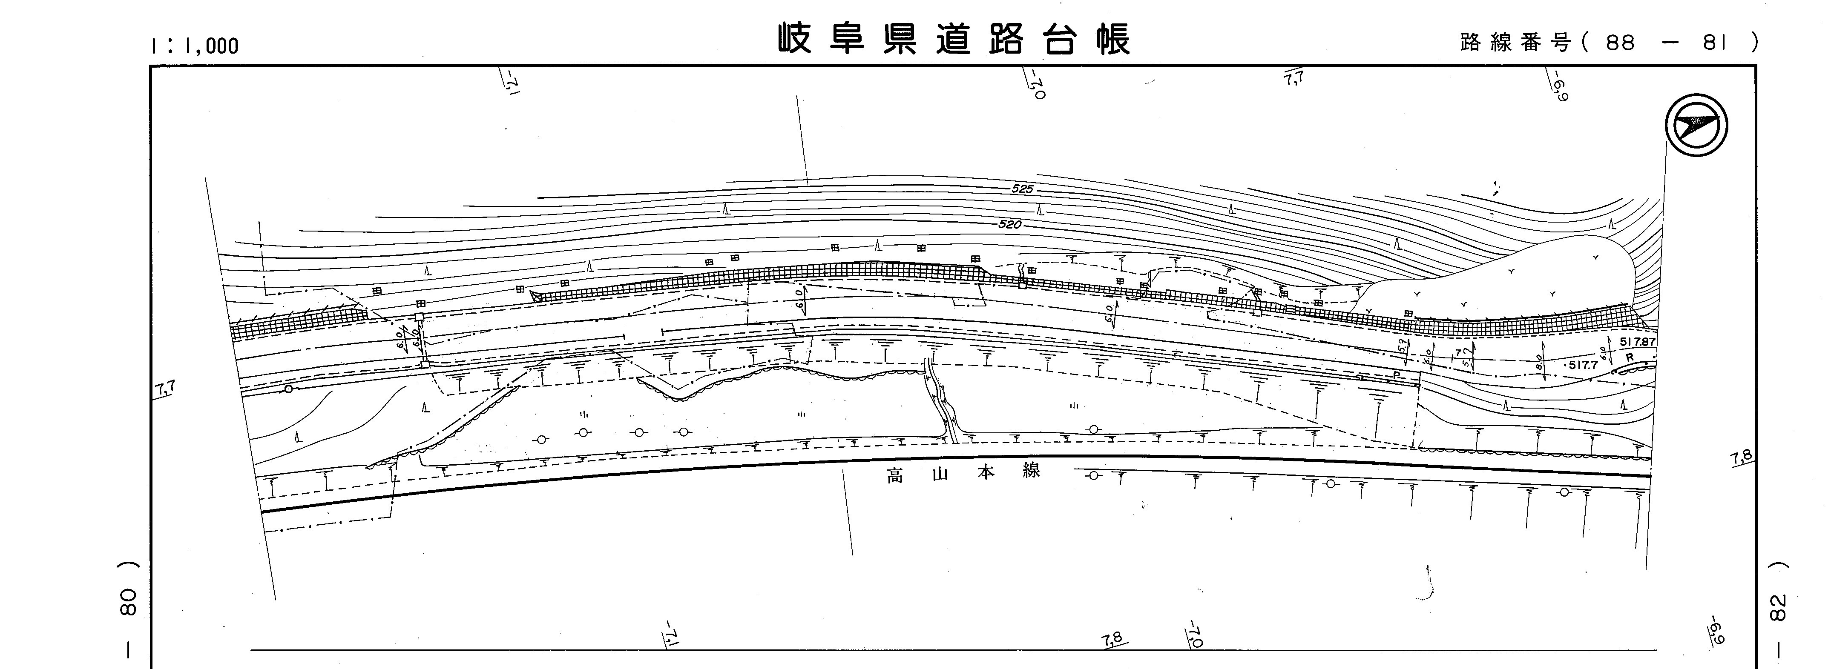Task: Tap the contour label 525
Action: coord(1023,190)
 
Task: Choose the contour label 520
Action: coord(1009,224)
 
